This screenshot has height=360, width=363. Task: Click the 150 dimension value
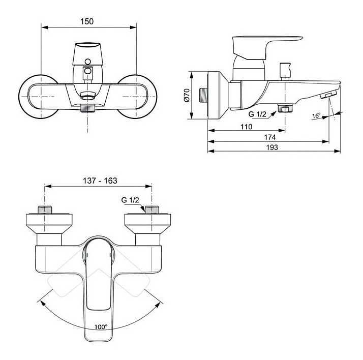[87, 21]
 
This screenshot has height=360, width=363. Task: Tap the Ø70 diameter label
[187, 95]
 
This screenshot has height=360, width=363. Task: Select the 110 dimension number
[246, 127]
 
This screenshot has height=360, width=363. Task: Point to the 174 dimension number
[270, 137]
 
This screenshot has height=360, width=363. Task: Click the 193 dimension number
[272, 147]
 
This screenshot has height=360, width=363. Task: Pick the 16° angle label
[316, 115]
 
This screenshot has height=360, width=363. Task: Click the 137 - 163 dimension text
[100, 181]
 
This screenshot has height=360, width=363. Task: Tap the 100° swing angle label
[101, 327]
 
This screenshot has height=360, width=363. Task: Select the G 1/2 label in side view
[257, 114]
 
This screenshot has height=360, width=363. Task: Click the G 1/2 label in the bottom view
[130, 200]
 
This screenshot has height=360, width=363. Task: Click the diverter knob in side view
[285, 71]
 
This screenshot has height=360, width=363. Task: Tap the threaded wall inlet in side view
[203, 95]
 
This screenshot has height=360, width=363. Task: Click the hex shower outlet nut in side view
[285, 108]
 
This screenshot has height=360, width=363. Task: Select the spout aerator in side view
[328, 95]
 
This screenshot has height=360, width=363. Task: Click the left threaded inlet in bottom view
[45, 209]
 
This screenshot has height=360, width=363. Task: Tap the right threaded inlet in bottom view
[152, 209]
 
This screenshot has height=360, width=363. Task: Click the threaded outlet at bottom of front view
[88, 108]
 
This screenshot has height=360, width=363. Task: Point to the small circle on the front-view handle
[88, 62]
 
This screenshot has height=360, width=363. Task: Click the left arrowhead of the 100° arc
[43, 303]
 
